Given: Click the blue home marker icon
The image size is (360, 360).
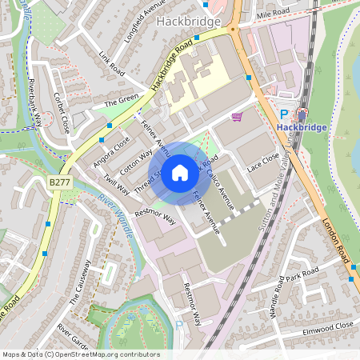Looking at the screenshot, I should click(180, 173).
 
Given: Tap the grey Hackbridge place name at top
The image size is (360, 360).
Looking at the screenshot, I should click(194, 21).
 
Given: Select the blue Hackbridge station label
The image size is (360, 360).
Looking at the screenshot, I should click(302, 127).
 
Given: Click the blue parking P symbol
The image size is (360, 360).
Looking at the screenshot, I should click(284, 115).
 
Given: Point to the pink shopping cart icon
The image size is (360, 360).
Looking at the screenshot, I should click(237, 118).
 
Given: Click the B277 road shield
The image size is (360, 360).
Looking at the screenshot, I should click(58, 182).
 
